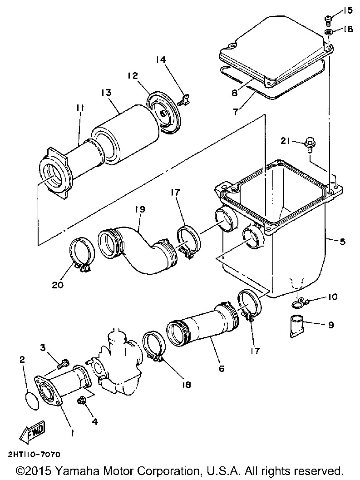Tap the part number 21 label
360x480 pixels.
click(x=286, y=141)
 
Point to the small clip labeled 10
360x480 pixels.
click(x=297, y=304)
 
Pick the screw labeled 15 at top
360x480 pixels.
click(x=328, y=14)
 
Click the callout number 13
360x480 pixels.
click(x=107, y=93)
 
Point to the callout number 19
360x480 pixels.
click(x=141, y=209)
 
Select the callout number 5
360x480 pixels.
click(x=343, y=242)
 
